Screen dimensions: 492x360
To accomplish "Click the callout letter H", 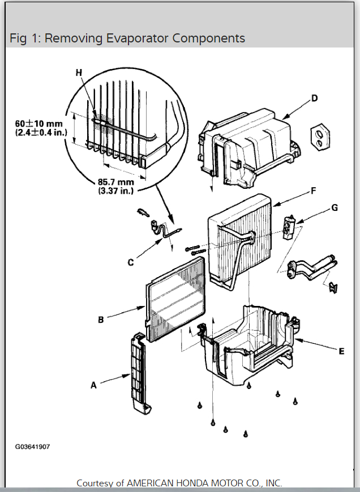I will coord(79,72).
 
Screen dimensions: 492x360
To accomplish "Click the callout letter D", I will coord(315,98).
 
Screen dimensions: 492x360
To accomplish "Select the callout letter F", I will coord(312,192).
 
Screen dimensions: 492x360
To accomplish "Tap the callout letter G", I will coord(335,208).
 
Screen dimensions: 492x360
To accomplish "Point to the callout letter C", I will coord(131,262).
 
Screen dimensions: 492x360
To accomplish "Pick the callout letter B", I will coord(100,320).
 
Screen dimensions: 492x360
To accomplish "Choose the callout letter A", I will coord(93,385).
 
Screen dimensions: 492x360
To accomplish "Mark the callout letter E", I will coord(341,351).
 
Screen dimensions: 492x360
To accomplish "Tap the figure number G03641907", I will coord(32,447).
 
